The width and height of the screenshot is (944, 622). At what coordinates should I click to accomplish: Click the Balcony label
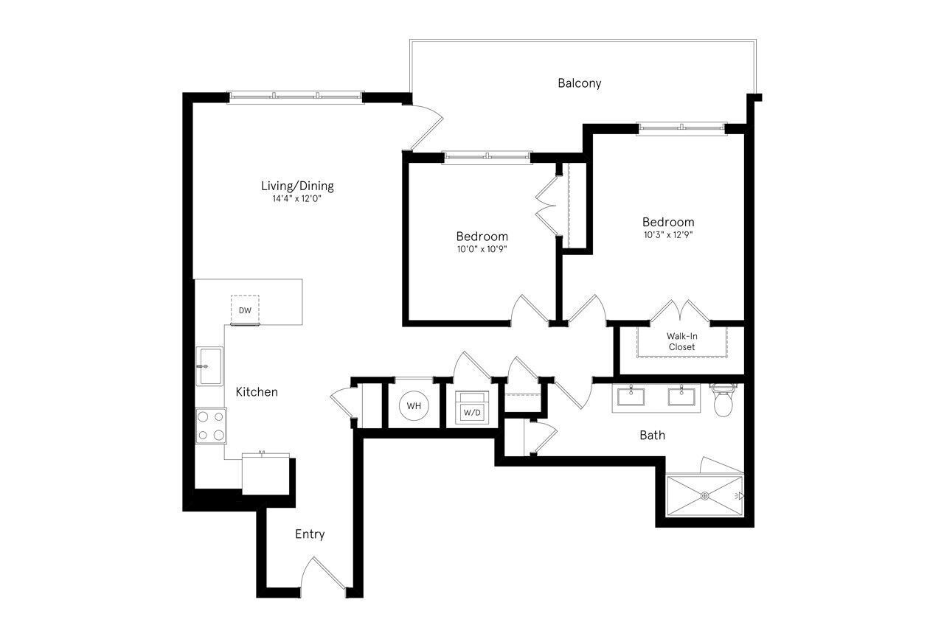pyautogui.click(x=579, y=83)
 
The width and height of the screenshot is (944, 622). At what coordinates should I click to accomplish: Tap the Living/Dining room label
pyautogui.click(x=297, y=186)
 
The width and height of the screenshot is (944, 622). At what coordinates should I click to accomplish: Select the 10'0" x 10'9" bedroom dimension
pyautogui.click(x=482, y=249)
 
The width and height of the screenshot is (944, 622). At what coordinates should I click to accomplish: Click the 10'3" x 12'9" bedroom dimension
pyautogui.click(x=667, y=235)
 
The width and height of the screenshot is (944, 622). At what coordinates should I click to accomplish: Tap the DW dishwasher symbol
pyautogui.click(x=245, y=310)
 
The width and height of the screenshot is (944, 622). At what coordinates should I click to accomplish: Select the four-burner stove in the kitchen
pyautogui.click(x=210, y=426)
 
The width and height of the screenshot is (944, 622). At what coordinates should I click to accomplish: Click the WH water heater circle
pyautogui.click(x=414, y=406)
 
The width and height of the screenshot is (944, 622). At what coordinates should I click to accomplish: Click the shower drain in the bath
pyautogui.click(x=704, y=496)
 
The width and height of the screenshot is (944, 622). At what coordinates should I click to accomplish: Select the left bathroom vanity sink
pyautogui.click(x=632, y=397)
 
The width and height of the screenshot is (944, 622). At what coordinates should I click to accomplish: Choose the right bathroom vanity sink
pyautogui.click(x=681, y=397)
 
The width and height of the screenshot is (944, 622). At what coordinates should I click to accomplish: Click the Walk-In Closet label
pyautogui.click(x=681, y=341)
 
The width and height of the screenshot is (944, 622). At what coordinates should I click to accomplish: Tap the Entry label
pyautogui.click(x=310, y=534)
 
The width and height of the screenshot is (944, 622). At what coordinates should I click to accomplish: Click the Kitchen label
pyautogui.click(x=257, y=392)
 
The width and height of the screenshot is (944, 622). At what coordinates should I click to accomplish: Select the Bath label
pyautogui.click(x=652, y=436)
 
